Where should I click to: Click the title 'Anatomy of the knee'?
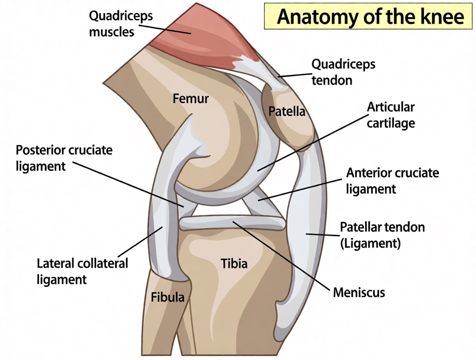pyautogui.click(x=370, y=16)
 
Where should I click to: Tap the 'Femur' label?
pyautogui.click(x=191, y=98)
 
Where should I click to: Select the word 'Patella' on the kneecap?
pyautogui.click(x=287, y=111)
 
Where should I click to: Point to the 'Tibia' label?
pyautogui.click(x=234, y=264)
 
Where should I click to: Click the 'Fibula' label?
pyautogui.click(x=168, y=297)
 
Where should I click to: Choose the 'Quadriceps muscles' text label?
pyautogui.click(x=121, y=24)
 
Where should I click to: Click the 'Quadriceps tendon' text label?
pyautogui.click(x=343, y=72)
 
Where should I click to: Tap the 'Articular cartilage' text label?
pyautogui.click(x=391, y=115)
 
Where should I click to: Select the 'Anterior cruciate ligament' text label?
pyautogui.click(x=392, y=181)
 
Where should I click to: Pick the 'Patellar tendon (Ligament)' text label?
pyautogui.click(x=382, y=235)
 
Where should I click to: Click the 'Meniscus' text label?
pyautogui.click(x=359, y=292)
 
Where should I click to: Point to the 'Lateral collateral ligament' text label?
pyautogui.click(x=82, y=272)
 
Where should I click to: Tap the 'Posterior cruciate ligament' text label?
pyautogui.click(x=64, y=158)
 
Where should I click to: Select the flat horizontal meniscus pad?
pyautogui.click(x=232, y=223)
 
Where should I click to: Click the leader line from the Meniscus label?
pyautogui.click(x=281, y=256)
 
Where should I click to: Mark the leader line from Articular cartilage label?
pyautogui.click(x=312, y=143)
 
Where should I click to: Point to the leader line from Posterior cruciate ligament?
pyautogui.click(x=128, y=184)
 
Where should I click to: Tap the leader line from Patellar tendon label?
pyautogui.click(x=322, y=234)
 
